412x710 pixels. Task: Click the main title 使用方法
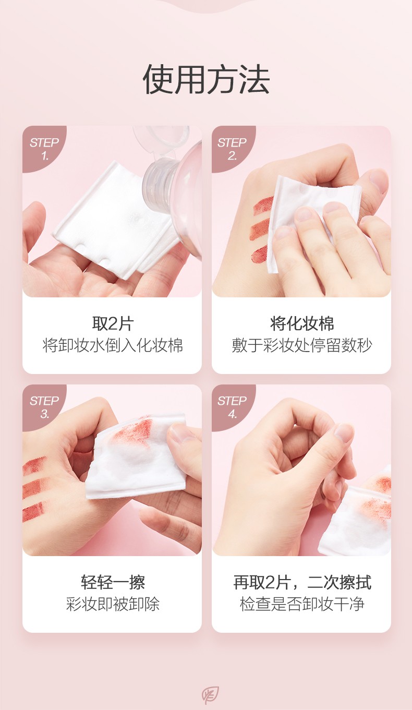coord(206,79)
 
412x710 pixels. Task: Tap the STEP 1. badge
coord(44,148)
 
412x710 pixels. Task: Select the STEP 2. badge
coord(232,148)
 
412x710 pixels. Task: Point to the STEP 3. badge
coord(44,407)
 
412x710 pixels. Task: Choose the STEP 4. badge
coord(232,407)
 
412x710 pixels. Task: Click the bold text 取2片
coord(113,323)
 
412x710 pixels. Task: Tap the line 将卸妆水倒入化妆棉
coord(113,345)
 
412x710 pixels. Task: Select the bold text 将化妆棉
coord(302,323)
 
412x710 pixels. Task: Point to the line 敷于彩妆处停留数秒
coord(302,345)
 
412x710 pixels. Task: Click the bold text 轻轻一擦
coord(113,582)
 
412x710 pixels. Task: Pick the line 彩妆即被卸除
coord(113,604)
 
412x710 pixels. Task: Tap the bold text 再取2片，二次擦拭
coord(302,582)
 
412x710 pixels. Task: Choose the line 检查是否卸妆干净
coord(302,604)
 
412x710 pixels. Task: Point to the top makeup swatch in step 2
coord(263,204)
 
